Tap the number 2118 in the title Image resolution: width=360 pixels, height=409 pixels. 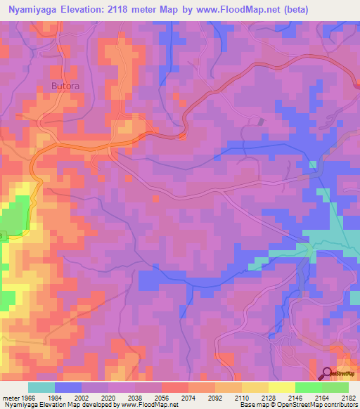131,10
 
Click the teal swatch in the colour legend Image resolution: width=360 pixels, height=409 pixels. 41,387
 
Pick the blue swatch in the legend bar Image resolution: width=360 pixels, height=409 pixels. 68,387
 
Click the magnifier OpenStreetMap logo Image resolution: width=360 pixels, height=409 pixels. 327,372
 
